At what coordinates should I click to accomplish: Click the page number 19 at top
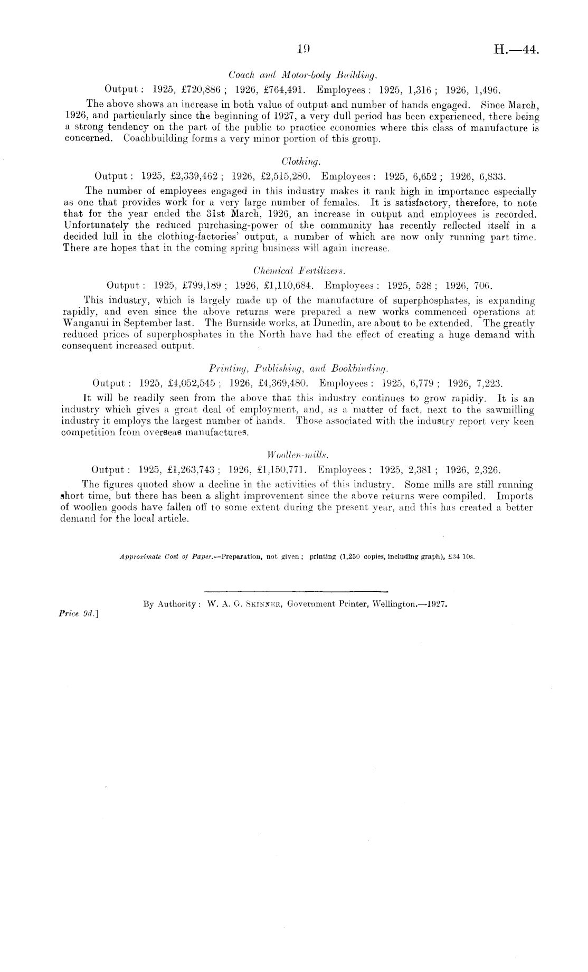click(x=303, y=50)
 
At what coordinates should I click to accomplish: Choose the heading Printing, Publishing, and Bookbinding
click(x=299, y=368)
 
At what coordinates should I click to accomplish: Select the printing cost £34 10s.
click(x=462, y=557)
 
